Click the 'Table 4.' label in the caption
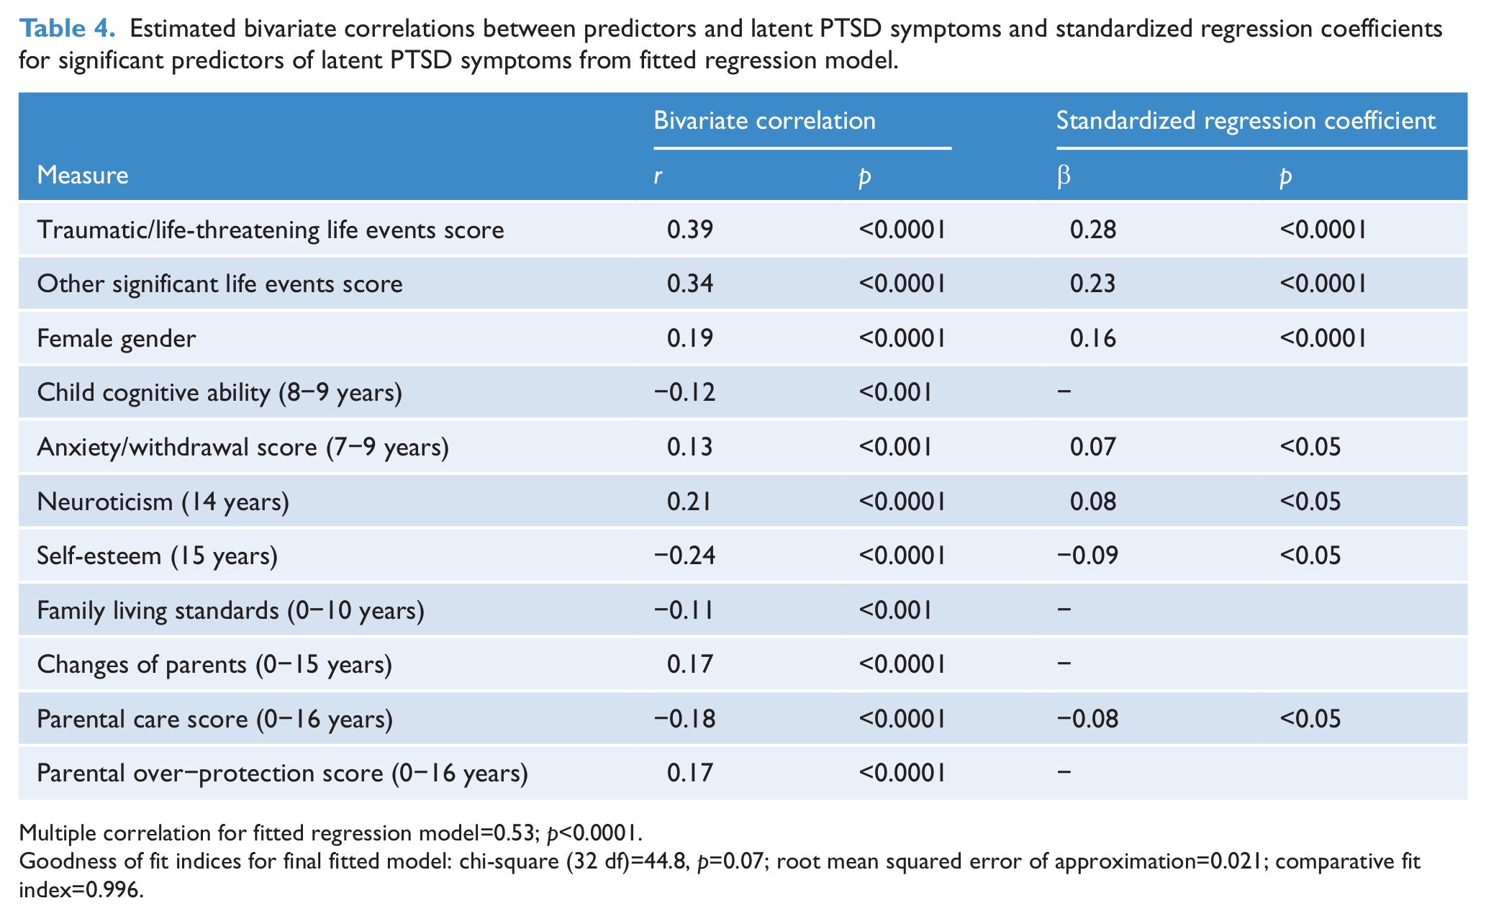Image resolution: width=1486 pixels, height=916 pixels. pos(67,29)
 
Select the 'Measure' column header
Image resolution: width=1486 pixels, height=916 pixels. pos(83,175)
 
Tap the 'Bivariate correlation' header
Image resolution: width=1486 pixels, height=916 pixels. pos(764,120)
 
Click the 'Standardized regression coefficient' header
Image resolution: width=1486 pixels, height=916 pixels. pos(1246,120)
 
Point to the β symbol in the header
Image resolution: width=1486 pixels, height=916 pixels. pos(1064,176)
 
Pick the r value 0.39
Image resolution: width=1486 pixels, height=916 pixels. pos(690,230)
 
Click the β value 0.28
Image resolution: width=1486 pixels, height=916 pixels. pos(1093,230)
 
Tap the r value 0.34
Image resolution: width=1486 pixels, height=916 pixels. pos(690,284)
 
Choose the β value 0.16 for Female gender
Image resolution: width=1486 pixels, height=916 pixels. pos(1093,338)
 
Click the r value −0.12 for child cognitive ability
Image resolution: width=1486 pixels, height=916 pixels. pos(684,392)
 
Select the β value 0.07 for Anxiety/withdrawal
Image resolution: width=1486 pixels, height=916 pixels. pos(1093,447)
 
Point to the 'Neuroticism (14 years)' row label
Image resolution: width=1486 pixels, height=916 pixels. pos(163,502)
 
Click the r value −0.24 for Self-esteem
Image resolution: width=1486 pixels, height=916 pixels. pos(684,556)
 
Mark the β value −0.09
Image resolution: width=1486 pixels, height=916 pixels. pos(1087,556)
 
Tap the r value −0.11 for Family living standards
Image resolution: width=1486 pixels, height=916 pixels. pos(684,610)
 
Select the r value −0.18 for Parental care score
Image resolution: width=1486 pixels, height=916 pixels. pos(684,719)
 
